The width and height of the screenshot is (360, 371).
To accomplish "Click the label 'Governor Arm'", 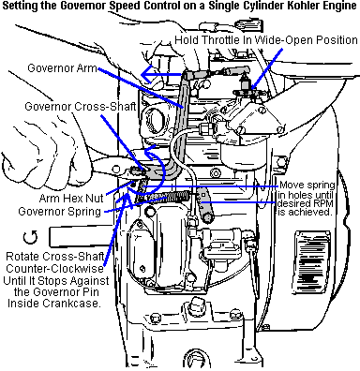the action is (62, 68).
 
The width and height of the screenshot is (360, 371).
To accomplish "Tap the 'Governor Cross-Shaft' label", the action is (81, 107).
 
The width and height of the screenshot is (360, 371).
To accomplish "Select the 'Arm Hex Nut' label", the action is (71, 198).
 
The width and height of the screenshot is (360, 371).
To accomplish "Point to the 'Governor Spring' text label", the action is (60, 212).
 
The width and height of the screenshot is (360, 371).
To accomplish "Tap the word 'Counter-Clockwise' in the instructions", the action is (54, 269).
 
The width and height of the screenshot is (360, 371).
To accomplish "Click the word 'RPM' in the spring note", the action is (323, 204).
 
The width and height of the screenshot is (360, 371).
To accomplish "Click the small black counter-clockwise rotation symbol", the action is (30, 238).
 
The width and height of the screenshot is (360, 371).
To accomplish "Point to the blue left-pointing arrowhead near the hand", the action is (147, 74).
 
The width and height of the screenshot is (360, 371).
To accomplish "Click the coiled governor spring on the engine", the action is (169, 197).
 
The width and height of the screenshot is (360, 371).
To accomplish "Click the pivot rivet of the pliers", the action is (116, 169).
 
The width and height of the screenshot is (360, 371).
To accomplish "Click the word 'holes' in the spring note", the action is (295, 195).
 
